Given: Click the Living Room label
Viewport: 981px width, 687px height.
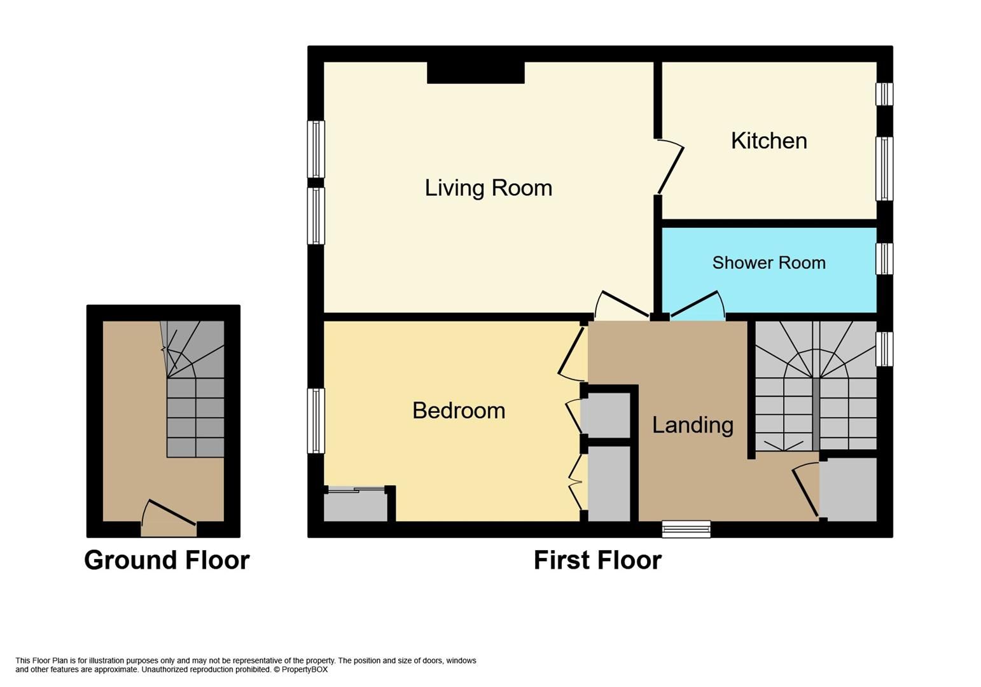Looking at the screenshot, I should pos(488,188).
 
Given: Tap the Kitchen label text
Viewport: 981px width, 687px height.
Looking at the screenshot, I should pos(769,141).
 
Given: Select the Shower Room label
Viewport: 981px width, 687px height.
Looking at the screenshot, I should pos(769,263).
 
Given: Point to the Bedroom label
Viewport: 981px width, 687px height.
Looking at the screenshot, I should pos(458,410).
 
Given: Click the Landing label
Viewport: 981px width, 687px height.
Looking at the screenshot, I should pos(692,425).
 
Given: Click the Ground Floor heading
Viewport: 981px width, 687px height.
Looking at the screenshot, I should pos(167,560).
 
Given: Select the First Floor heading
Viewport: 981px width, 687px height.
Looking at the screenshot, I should pos(597,560).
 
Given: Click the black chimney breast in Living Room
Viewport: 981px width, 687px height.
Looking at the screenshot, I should pos(475,73).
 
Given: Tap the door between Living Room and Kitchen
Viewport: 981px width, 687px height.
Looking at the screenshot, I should pos(671,168).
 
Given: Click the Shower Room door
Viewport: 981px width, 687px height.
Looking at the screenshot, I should pos(695,303).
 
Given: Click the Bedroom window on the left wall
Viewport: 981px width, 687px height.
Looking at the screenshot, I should pos(316,420).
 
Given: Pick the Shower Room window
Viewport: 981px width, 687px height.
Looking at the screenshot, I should pos(884,259).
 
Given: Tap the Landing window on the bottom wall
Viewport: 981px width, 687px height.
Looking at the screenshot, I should pos(686,529).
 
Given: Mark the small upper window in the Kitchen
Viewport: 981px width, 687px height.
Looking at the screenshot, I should pos(884,94).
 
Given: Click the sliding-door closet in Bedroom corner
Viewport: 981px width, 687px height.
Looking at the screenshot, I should pos(355,506).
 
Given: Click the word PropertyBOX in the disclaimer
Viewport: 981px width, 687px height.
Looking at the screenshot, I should pos(304,669).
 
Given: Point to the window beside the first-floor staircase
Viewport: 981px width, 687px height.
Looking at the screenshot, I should pos(884,349).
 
